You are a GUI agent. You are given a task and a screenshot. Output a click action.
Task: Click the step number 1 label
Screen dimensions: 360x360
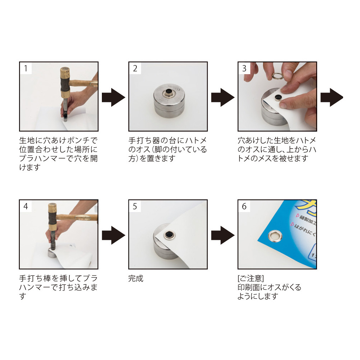(26, 68)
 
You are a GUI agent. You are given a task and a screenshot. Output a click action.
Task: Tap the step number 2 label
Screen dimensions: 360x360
(135, 68)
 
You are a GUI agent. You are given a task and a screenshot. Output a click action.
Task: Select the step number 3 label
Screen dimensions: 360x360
(244, 68)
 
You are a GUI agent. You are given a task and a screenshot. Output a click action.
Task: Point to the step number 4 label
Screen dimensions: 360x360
(26, 206)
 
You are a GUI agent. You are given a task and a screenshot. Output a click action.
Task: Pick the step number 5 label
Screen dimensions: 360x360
(135, 206)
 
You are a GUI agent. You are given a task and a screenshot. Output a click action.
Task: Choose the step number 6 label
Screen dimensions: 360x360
(244, 206)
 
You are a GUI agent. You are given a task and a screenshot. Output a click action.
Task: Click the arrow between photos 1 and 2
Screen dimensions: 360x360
(113, 97)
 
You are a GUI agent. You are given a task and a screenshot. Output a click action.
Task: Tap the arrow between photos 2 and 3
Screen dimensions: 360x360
(223, 97)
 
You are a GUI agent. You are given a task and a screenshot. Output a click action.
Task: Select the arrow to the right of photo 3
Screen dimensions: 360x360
(332, 97)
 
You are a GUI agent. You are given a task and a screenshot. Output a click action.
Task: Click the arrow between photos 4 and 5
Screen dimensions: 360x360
(113, 235)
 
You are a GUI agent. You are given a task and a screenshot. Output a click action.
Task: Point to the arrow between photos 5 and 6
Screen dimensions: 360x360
(223, 235)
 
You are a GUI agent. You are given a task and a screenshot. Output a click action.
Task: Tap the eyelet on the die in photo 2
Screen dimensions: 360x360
(169, 93)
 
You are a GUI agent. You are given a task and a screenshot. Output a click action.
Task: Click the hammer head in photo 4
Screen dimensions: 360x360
(53, 217)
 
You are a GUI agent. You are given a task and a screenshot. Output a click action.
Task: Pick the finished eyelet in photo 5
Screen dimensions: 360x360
(170, 235)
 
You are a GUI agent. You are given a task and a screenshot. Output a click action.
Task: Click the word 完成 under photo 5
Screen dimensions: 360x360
(136, 278)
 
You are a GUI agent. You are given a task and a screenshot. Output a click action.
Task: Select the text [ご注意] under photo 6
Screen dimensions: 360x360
(251, 278)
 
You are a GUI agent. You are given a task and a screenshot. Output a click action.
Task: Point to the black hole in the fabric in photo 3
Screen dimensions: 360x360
(279, 97)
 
